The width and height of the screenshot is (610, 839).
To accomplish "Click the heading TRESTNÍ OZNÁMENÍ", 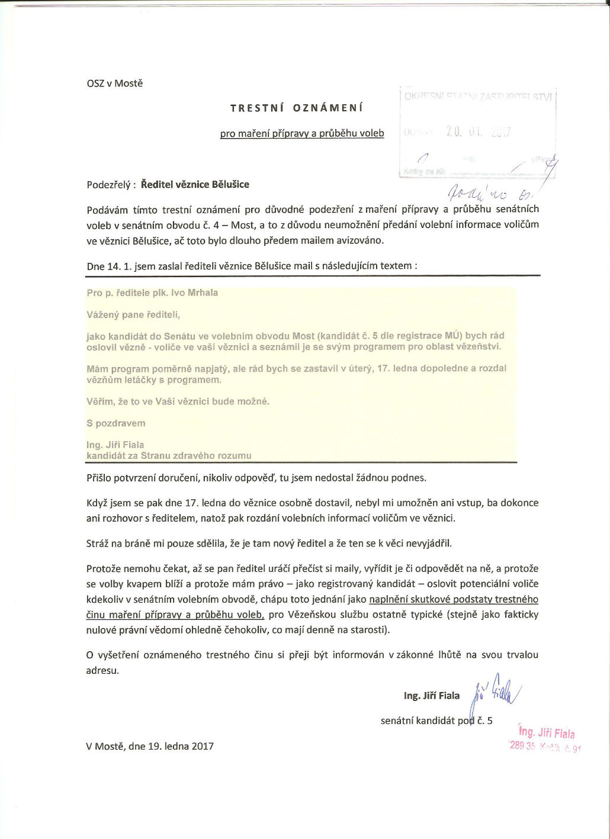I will pyautogui.click(x=297, y=108).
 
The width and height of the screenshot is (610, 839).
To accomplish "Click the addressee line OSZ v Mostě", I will pyautogui.click(x=115, y=83).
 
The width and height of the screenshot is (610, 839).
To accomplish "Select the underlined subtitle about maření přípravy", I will pyautogui.click(x=302, y=134).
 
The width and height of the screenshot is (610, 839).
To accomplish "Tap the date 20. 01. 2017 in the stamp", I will pyautogui.click(x=478, y=132).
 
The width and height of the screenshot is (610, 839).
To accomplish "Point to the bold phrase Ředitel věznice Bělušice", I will pyautogui.click(x=195, y=184).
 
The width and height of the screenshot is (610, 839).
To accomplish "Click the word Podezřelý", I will pyautogui.click(x=109, y=185).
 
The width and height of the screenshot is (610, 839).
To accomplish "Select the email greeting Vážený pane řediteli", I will pyautogui.click(x=133, y=314).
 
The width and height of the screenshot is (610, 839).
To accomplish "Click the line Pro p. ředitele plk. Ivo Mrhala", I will pyautogui.click(x=152, y=292).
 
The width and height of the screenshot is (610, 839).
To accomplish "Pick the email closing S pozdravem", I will pyautogui.click(x=116, y=423).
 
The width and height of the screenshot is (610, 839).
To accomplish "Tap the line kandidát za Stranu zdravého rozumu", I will pyautogui.click(x=169, y=455).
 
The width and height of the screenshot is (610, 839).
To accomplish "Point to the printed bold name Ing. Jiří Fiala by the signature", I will pyautogui.click(x=432, y=696).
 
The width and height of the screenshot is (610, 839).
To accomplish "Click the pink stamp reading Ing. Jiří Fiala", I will pyautogui.click(x=546, y=733).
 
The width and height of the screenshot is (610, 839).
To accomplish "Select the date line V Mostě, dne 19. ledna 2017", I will pyautogui.click(x=150, y=746).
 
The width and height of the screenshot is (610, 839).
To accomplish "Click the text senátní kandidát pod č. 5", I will pyautogui.click(x=436, y=721).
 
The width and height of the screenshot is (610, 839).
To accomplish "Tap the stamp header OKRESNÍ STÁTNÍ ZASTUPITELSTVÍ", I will pyautogui.click(x=478, y=97).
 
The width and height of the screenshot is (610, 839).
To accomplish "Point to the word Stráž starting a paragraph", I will pyautogui.click(x=98, y=543).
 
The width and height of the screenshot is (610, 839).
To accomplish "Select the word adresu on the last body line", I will pyautogui.click(x=102, y=670).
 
